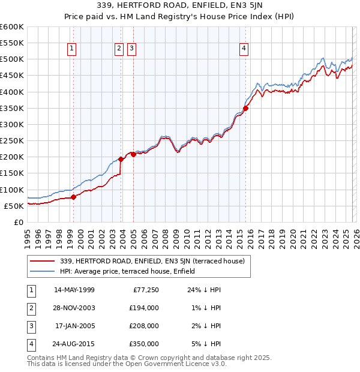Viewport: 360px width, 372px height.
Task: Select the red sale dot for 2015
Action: (245, 108)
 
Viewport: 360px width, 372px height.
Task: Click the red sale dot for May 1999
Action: (73, 197)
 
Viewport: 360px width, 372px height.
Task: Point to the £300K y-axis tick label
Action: (12, 125)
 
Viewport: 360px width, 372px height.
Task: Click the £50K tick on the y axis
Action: (14, 206)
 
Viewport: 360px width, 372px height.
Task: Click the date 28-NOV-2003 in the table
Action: (74, 308)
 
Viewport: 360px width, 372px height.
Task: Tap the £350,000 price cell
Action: (145, 344)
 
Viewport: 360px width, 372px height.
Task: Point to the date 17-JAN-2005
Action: (74, 326)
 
